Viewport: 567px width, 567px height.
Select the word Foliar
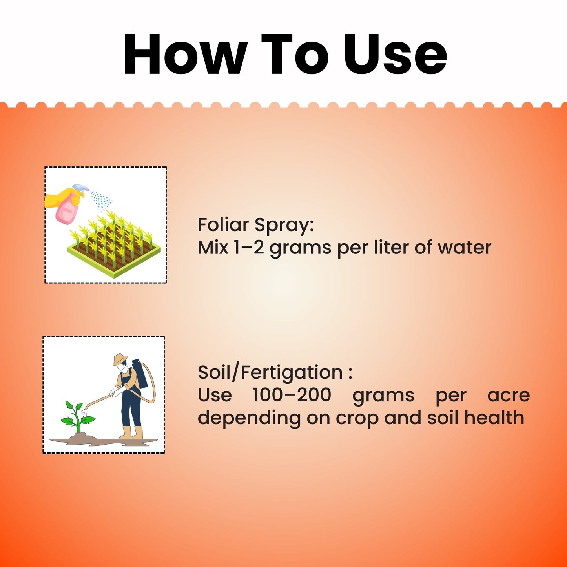(223, 225)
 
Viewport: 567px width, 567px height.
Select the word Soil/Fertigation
(270, 372)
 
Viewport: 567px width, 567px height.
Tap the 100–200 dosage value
(292, 395)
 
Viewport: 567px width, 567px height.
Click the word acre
(509, 395)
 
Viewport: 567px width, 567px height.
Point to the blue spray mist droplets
(101, 201)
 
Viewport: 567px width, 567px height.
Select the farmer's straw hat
(120, 359)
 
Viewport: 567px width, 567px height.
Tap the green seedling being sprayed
(77, 416)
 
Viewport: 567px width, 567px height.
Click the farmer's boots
(131, 433)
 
